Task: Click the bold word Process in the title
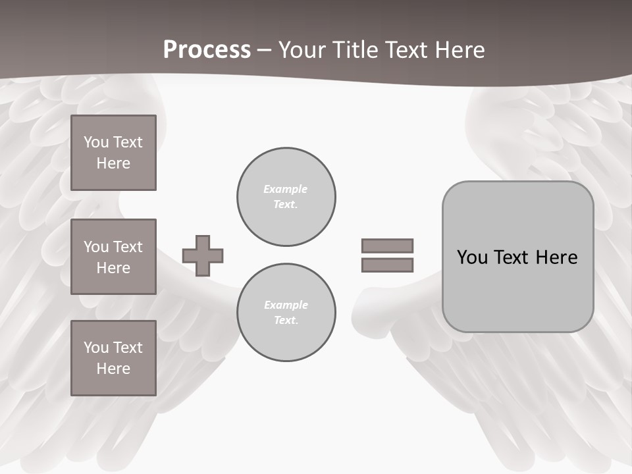point(207,50)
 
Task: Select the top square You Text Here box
point(113,153)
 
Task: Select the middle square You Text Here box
point(113,257)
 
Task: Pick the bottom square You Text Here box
point(113,358)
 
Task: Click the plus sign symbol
point(203,255)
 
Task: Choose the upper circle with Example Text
point(286,197)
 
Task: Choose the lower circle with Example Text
point(286,313)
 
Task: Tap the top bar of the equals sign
point(387,246)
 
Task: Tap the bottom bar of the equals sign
point(387,265)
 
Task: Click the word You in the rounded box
point(473,257)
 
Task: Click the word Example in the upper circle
point(286,189)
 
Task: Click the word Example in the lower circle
point(286,305)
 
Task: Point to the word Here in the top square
point(113,163)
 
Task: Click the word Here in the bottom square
point(113,369)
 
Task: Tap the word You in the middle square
point(96,247)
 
